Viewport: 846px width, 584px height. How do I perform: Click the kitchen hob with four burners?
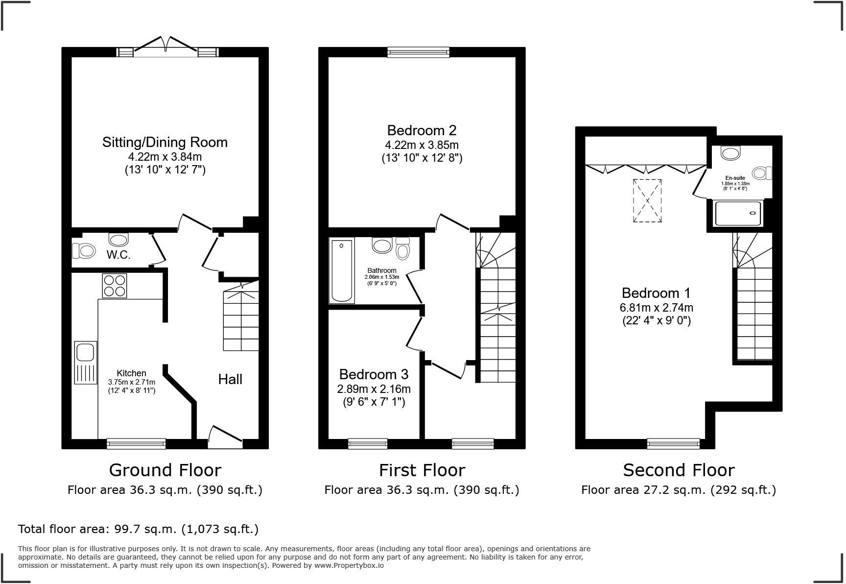coord(115,286)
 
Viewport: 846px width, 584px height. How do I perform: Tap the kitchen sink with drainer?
coord(85,363)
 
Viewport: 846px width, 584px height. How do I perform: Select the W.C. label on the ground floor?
coord(118,255)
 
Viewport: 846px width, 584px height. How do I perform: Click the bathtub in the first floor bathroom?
coord(341,270)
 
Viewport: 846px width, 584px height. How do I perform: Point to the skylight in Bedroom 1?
coord(647,201)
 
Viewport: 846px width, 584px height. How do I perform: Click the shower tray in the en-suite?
coord(738,214)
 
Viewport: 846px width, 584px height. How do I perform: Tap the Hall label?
coord(230,379)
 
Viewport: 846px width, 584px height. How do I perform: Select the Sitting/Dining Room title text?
coord(165,142)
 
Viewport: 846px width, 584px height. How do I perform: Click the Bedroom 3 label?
coord(374,374)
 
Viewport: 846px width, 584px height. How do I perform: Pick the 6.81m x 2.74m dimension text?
coord(656,308)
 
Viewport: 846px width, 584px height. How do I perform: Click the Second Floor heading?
coord(679,470)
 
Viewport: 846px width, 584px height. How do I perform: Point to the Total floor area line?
coord(138,529)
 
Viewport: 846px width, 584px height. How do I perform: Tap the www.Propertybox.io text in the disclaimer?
coord(349,565)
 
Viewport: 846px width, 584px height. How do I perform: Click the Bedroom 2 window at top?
coord(418,51)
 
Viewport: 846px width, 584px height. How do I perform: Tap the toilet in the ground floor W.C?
coord(84,251)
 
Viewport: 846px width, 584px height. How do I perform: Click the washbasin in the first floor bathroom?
coord(382,245)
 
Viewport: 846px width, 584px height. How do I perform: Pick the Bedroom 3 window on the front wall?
coord(368,443)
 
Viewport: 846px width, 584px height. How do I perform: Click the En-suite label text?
coord(735,178)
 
